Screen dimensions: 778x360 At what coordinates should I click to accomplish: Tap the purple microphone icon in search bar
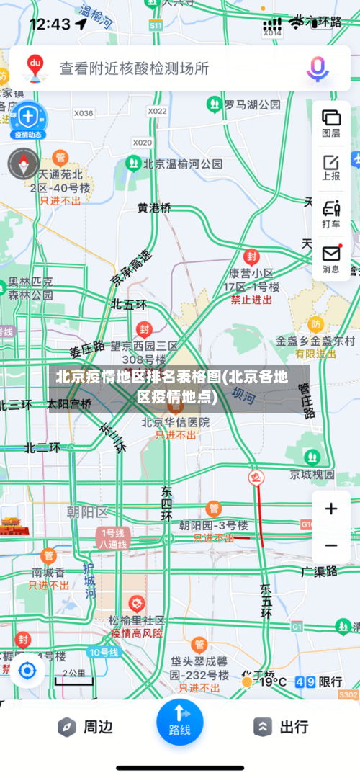(318, 68)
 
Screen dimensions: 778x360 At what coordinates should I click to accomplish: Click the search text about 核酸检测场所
(134, 68)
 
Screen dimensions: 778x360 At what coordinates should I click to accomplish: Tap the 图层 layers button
(331, 122)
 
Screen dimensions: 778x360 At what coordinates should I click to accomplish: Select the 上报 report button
(331, 167)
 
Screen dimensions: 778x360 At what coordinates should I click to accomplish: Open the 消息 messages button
(331, 259)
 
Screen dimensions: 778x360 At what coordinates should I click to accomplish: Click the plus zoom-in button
(331, 509)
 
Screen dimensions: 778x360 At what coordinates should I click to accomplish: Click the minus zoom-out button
(331, 545)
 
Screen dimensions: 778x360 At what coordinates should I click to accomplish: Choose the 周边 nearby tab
(86, 727)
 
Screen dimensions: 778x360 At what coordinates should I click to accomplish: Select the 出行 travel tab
(282, 727)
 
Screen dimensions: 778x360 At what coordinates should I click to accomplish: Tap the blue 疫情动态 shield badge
(27, 118)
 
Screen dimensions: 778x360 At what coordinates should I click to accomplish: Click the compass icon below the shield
(23, 164)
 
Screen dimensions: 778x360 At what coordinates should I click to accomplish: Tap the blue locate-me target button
(27, 671)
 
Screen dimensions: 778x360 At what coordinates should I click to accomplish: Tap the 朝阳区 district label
(87, 512)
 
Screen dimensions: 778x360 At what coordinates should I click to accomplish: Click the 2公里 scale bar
(73, 675)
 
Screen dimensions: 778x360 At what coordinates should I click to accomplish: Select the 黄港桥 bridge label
(155, 208)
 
